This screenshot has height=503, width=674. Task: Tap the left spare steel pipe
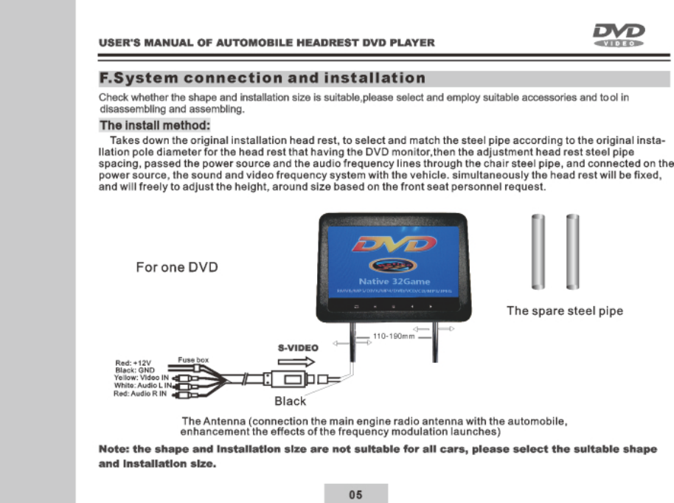(538, 252)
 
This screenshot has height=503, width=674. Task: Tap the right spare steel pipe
(572, 252)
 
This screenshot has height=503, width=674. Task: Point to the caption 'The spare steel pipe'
(564, 311)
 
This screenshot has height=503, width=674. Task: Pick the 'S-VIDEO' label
(297, 347)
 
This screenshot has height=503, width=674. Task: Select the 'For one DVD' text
(177, 267)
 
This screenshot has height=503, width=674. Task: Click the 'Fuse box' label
(193, 359)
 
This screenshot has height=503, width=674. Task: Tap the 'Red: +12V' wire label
(133, 363)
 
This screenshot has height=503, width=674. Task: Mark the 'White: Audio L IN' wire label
(143, 386)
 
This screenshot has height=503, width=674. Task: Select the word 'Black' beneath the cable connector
(290, 401)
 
